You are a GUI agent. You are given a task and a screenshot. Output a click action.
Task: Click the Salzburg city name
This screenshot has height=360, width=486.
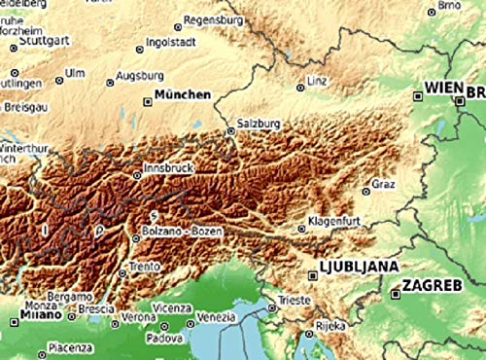259,125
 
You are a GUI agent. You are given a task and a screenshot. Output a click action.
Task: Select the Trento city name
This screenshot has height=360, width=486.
145,266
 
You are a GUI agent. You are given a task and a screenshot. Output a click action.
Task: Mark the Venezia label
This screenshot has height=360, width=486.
216,317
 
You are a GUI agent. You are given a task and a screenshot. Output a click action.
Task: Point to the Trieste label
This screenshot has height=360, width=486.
294,301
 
